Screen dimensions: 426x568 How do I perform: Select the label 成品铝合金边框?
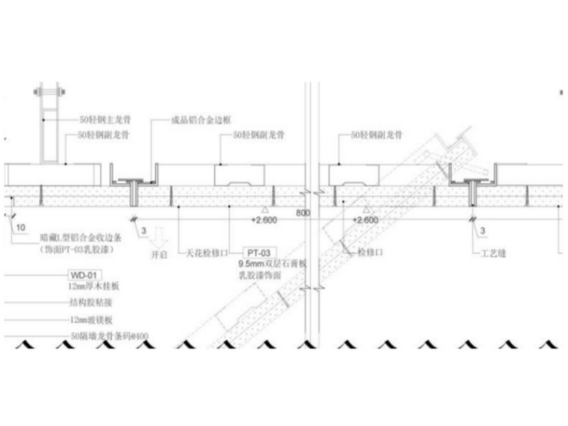pyautogui.click(x=197, y=118)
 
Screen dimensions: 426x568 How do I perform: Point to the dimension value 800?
pyautogui.click(x=302, y=212)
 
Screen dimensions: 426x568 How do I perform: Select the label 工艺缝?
pyautogui.click(x=493, y=253)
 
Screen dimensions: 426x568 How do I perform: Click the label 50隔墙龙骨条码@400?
pyautogui.click(x=108, y=337)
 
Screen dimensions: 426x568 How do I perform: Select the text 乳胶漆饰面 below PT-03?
pyautogui.click(x=259, y=275)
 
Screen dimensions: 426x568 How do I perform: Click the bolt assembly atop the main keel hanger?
pyautogui.click(x=47, y=92)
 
